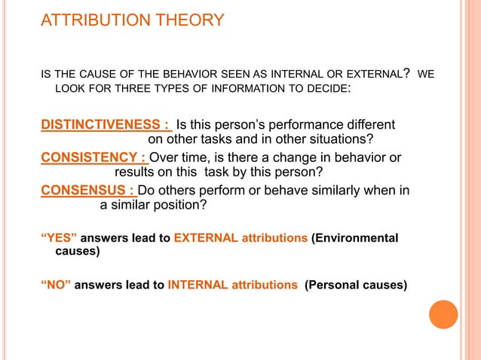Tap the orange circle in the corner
[444, 314]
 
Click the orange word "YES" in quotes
[57, 239]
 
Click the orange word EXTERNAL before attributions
[206, 239]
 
